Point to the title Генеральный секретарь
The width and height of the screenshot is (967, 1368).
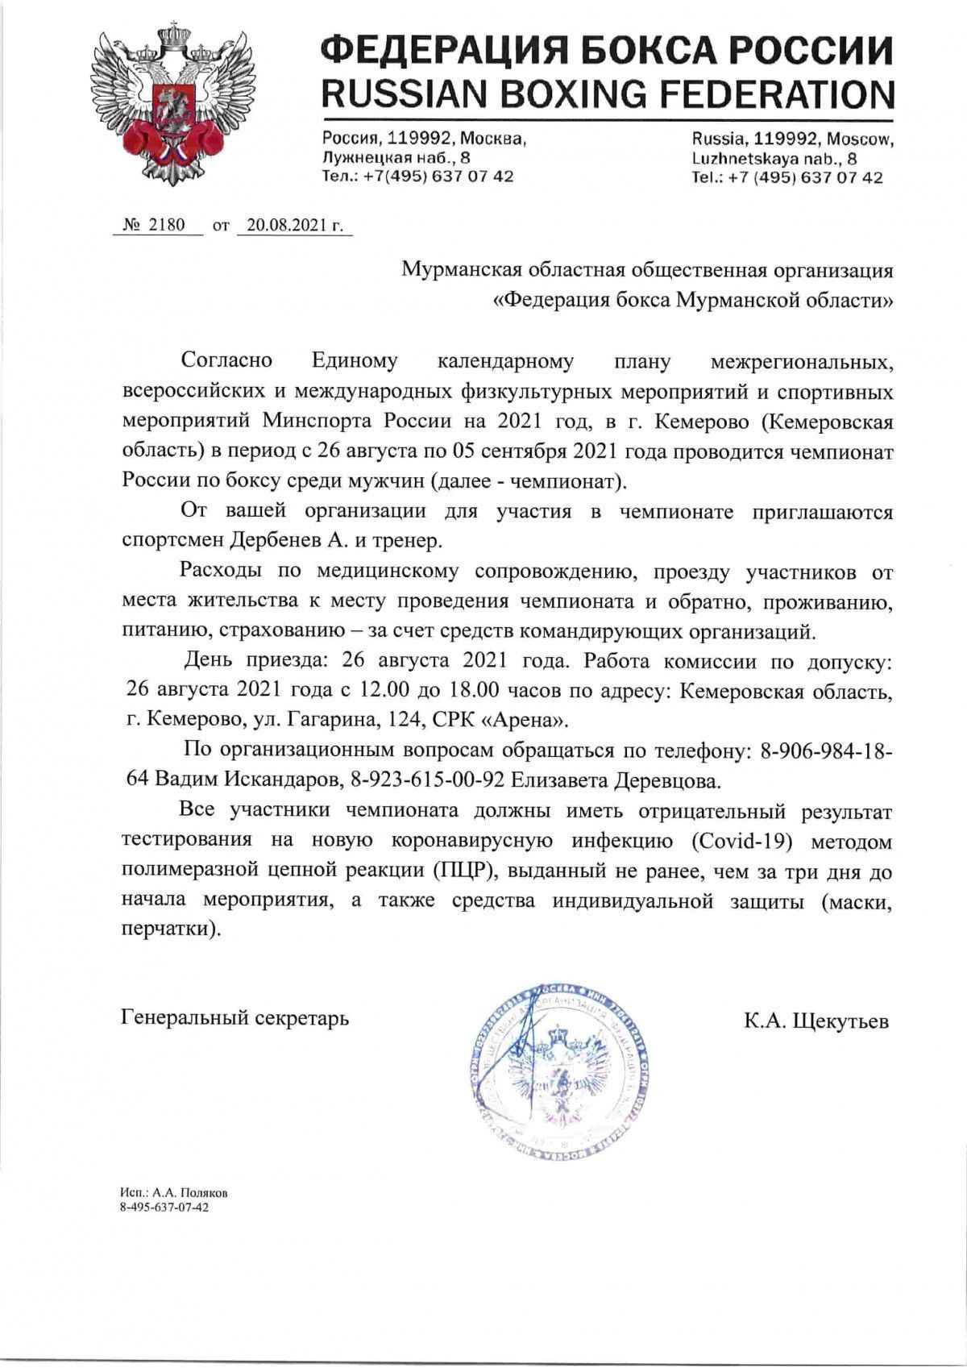click(x=235, y=1017)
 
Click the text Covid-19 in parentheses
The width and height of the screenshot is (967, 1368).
click(x=737, y=841)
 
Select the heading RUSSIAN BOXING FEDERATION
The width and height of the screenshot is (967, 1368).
click(x=608, y=95)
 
